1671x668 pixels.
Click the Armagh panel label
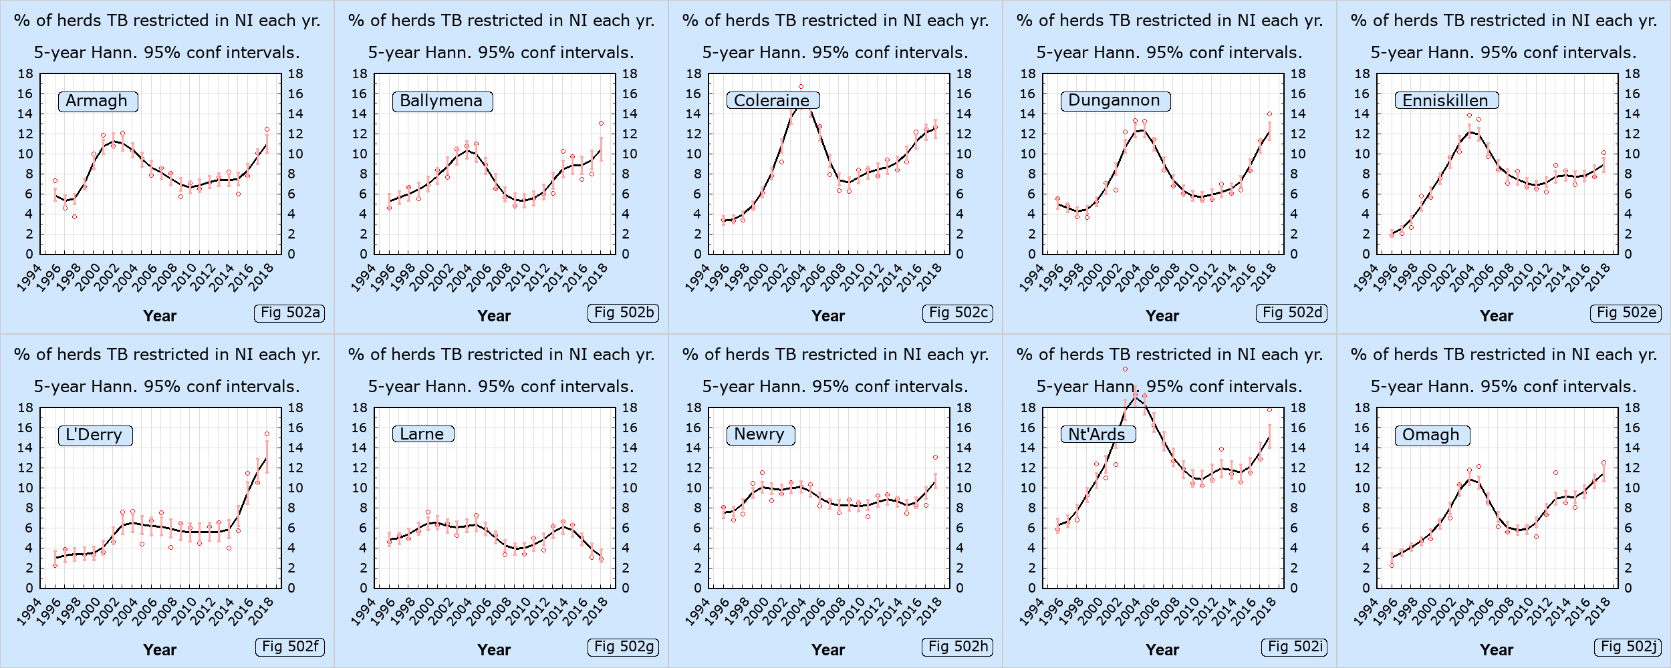tap(98, 101)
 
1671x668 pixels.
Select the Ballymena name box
tap(442, 101)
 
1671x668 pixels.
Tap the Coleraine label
tap(773, 100)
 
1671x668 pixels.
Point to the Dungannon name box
tap(1116, 100)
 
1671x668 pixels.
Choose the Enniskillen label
tap(1446, 100)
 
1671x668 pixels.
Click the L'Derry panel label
tap(95, 435)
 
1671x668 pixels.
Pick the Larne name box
tap(423, 434)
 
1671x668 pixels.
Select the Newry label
tap(761, 435)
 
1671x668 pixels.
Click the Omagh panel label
tap(1432, 435)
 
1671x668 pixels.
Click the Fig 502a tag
tap(289, 313)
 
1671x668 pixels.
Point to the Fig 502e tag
tap(1626, 313)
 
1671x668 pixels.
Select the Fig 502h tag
tap(957, 647)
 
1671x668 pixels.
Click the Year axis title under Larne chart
tap(494, 650)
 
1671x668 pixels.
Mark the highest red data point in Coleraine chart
tap(801, 87)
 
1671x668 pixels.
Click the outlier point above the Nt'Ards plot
tap(1125, 369)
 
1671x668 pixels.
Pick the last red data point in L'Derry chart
tap(267, 434)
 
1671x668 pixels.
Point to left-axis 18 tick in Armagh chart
tap(25, 73)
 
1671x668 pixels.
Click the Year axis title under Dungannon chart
tap(1162, 316)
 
